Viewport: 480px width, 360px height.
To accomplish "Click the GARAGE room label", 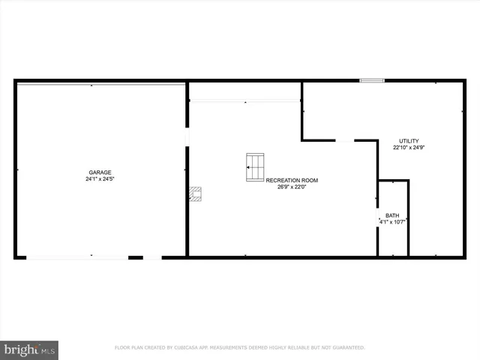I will (x=100, y=172).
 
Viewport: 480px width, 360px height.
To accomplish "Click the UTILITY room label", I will (x=409, y=140).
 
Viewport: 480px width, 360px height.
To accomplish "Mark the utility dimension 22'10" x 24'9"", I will (x=409, y=148).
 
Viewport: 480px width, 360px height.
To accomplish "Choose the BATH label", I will (x=393, y=215).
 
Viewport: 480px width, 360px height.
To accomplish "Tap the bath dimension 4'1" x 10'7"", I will (x=393, y=222).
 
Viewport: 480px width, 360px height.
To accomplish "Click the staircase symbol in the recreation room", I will (x=255, y=166).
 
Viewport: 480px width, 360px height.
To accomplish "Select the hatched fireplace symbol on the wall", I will (x=195, y=194).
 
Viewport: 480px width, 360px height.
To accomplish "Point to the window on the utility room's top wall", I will (x=372, y=80).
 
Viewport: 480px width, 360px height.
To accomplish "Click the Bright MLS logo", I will (x=30, y=349).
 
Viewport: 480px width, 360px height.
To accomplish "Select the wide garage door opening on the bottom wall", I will (x=77, y=257).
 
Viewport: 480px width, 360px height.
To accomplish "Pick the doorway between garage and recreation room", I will (x=187, y=138).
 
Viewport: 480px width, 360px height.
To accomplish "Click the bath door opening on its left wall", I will (x=378, y=216).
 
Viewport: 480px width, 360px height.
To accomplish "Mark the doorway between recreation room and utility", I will (x=344, y=140).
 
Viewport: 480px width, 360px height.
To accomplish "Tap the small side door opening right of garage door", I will (x=152, y=257).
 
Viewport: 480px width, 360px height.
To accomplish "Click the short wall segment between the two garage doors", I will (x=136, y=257).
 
